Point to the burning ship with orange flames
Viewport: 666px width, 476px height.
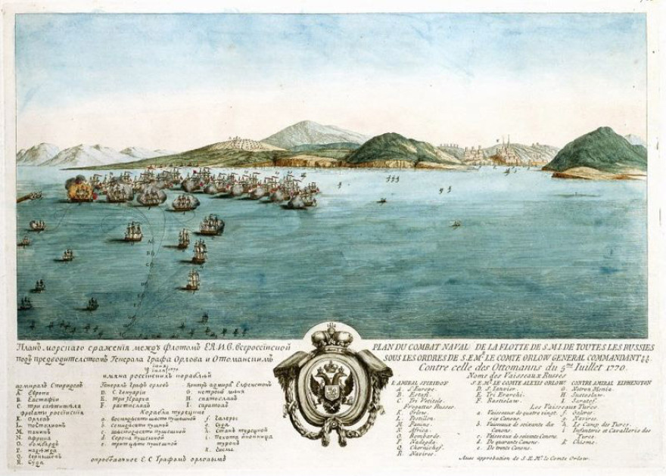[78, 189]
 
